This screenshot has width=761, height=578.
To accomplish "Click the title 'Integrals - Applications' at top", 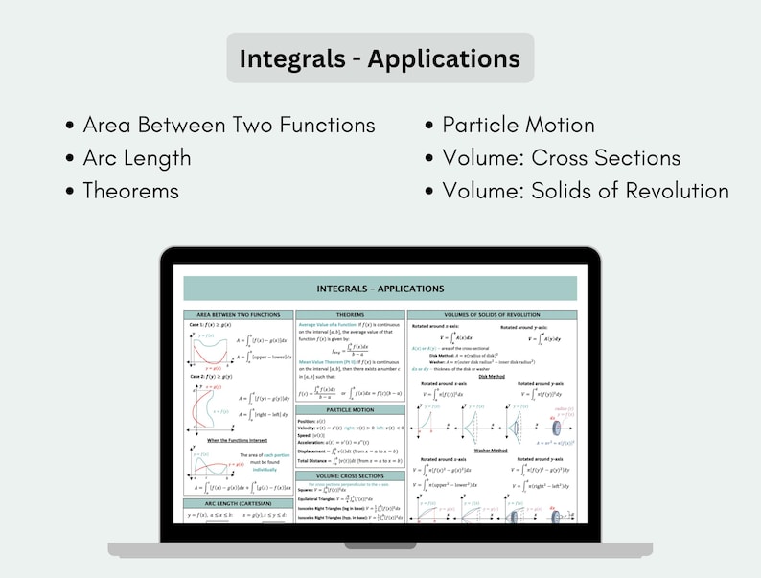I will click(380, 58).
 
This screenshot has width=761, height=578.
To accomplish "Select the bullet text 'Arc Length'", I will click(136, 158).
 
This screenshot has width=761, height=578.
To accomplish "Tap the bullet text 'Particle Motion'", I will click(518, 126).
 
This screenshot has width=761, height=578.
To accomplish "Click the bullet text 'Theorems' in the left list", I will click(130, 191).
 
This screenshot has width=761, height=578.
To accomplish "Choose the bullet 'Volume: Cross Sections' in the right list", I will click(561, 158).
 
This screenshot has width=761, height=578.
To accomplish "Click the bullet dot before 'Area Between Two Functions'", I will click(70, 127).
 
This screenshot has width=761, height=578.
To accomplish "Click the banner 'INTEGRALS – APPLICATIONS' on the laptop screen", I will click(380, 289).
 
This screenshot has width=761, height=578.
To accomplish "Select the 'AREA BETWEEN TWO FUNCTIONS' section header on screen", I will click(238, 314).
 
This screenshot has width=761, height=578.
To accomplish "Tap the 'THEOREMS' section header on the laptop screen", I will click(350, 314).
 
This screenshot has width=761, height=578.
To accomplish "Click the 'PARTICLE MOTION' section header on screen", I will click(350, 409).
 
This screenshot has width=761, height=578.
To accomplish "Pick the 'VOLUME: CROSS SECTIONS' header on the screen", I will click(350, 475).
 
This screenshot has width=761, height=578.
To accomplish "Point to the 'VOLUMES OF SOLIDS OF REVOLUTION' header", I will click(493, 314).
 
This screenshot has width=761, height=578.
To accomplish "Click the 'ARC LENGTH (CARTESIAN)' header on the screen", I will click(238, 503).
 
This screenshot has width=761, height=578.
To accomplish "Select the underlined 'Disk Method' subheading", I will click(493, 377).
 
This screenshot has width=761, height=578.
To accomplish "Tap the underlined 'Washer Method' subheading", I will click(493, 449).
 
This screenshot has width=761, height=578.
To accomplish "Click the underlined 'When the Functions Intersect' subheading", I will click(238, 440).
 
